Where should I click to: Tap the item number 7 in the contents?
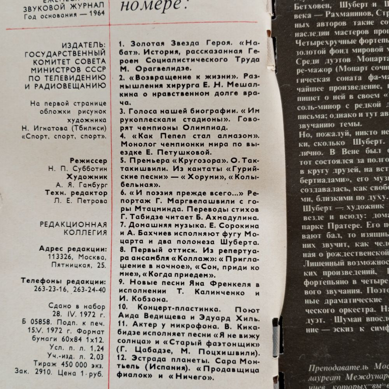click(122, 225)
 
